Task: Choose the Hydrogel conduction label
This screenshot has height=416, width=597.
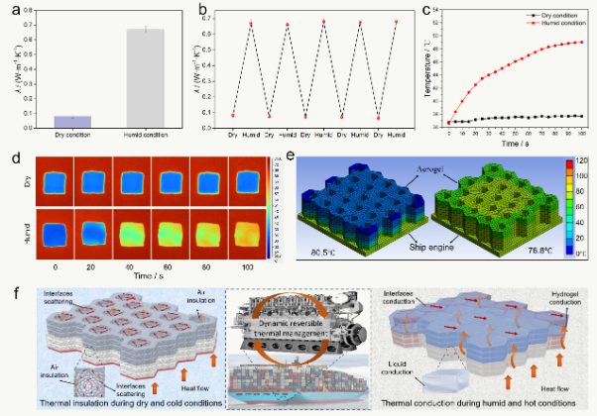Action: [x=565, y=298]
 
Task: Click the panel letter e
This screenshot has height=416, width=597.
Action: [x=289, y=156]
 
